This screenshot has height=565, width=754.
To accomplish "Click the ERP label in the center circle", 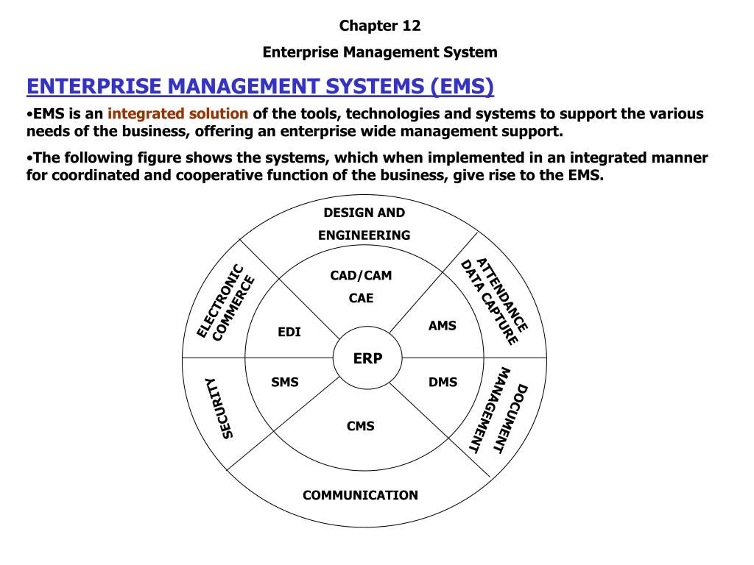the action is click(x=368, y=358).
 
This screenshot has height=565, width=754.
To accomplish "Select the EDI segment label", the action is click(x=289, y=332).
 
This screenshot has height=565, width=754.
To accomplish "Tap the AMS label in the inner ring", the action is click(x=443, y=326).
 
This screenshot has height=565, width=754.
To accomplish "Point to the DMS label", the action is click(x=443, y=383).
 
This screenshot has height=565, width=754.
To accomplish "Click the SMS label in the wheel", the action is click(x=285, y=383).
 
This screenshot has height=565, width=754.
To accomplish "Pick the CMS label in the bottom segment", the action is click(x=361, y=426).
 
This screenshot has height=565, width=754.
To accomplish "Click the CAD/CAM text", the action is click(x=361, y=275).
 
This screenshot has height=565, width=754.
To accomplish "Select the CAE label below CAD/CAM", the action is click(x=361, y=298).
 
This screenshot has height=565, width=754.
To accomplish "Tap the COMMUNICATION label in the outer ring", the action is click(x=360, y=495).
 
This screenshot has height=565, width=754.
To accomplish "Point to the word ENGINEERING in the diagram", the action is click(x=364, y=235).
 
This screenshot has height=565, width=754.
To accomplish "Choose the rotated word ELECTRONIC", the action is click(x=220, y=301).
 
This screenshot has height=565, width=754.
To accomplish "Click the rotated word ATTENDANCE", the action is click(x=502, y=295).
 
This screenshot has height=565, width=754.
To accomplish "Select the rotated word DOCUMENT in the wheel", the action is click(x=511, y=419).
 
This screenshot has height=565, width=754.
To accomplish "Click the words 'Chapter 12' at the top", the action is click(x=380, y=26).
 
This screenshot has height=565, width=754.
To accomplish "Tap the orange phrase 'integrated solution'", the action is click(x=178, y=114).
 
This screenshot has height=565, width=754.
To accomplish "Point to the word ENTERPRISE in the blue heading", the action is click(x=94, y=87).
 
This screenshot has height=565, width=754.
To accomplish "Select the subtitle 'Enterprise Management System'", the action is click(x=380, y=52).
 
